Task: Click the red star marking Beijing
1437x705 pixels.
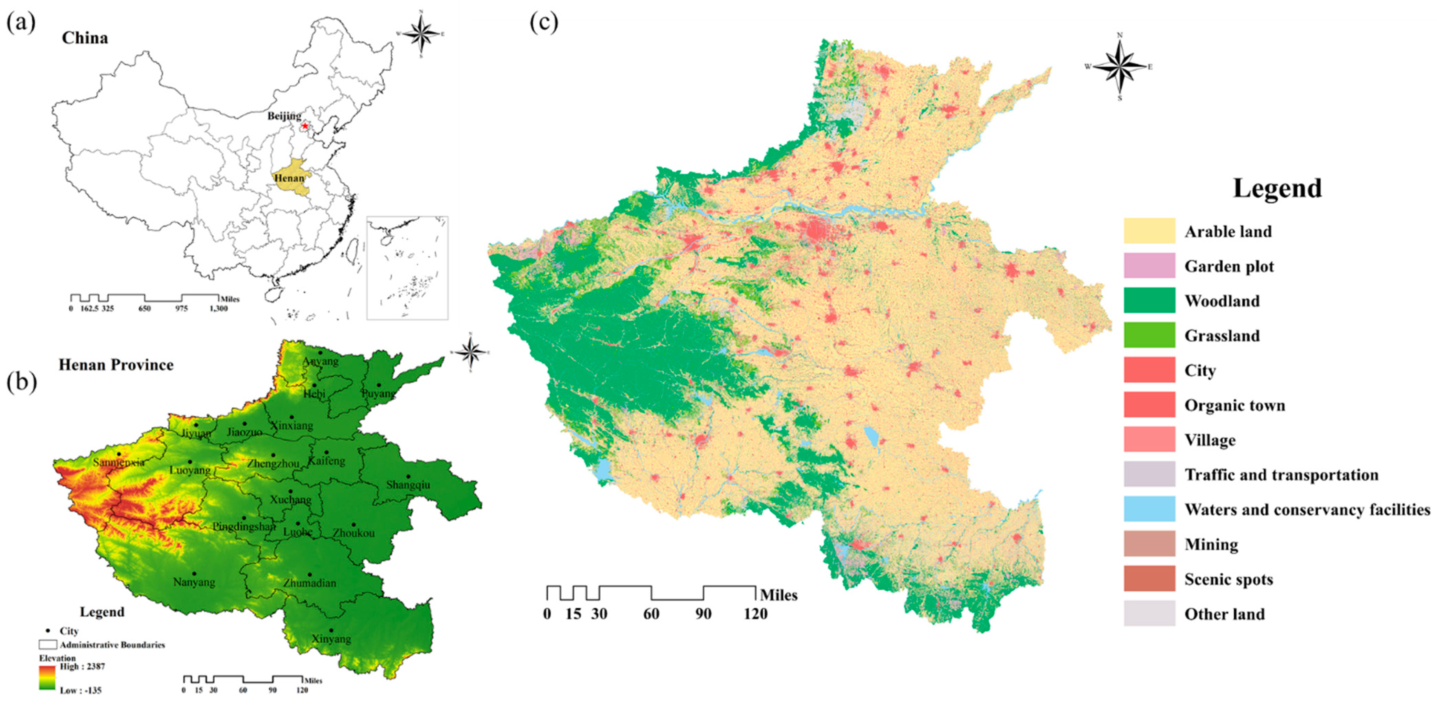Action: (304, 126)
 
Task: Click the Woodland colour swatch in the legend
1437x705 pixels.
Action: (1149, 301)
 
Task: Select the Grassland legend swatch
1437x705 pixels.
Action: (1149, 335)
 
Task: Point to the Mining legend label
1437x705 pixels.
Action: (1211, 544)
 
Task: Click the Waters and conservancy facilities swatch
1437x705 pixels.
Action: (1149, 509)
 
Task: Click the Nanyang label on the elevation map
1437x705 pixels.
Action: (194, 582)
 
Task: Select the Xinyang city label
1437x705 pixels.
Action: (331, 639)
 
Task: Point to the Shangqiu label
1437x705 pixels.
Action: (408, 485)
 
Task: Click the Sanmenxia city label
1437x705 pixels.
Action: (119, 462)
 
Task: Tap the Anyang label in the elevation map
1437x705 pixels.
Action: (320, 361)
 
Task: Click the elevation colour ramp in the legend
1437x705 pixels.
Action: (47, 678)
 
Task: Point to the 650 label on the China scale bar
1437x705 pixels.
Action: (144, 308)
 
